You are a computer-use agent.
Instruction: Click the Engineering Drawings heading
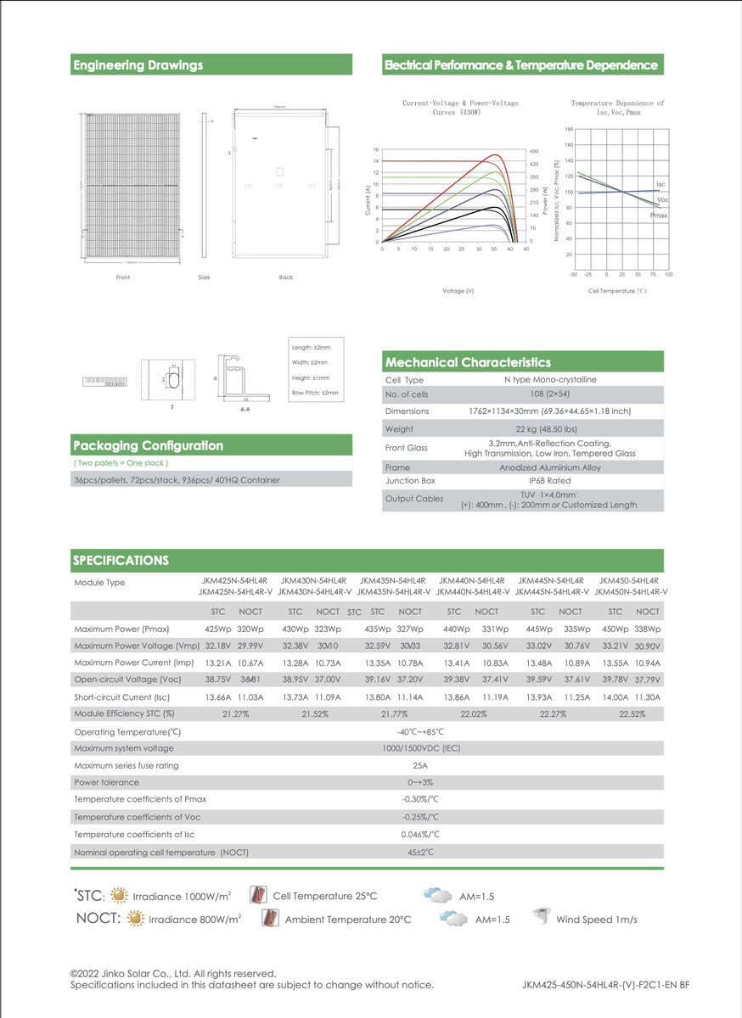138,65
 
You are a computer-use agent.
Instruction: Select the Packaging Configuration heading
148,445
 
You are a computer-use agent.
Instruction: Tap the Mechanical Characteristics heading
468,362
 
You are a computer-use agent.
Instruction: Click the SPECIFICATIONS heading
121,560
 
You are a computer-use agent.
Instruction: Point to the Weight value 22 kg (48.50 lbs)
549,429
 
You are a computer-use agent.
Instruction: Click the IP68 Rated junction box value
549,481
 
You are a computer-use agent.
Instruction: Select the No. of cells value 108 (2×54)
549,394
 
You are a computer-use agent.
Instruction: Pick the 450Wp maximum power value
615,629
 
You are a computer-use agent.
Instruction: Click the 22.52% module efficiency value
632,714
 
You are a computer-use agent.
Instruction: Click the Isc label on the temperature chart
660,184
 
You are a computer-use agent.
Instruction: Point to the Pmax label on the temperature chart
658,216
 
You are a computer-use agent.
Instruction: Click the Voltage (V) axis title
458,291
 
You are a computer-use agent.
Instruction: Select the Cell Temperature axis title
617,291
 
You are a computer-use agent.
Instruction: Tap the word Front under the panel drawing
123,277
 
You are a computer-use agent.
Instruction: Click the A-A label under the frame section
245,409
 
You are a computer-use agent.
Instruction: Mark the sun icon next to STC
119,896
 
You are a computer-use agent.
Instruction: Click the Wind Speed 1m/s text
596,920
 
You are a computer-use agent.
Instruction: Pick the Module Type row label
99,583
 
